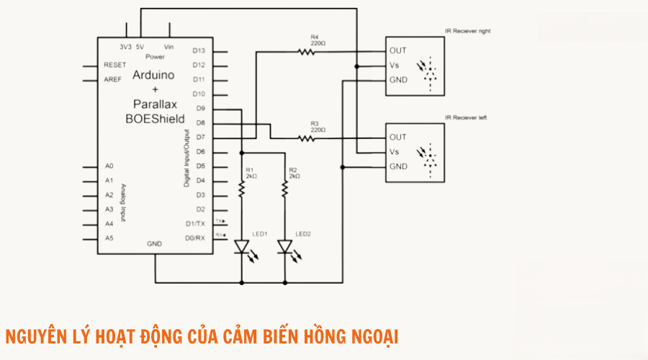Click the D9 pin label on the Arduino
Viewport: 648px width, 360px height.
click(x=199, y=109)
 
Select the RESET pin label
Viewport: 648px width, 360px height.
click(x=115, y=65)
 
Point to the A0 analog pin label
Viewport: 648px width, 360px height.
click(x=109, y=166)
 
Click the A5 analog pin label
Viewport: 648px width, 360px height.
click(x=109, y=238)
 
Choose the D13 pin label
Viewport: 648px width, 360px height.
click(x=199, y=51)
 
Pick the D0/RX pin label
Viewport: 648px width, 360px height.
click(x=195, y=238)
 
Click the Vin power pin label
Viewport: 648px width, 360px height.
click(x=169, y=46)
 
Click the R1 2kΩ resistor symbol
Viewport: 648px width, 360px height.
click(x=242, y=189)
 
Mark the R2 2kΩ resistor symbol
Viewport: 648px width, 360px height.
click(x=285, y=189)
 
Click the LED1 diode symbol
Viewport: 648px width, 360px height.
click(x=242, y=248)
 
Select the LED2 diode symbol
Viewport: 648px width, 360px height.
click(x=285, y=248)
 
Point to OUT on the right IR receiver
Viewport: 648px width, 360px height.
click(x=397, y=50)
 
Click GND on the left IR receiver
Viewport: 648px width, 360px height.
click(x=398, y=166)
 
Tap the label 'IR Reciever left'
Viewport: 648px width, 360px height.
click(x=466, y=117)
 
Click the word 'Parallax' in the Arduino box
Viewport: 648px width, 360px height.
click(x=155, y=104)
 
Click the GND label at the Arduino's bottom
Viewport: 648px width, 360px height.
click(x=154, y=244)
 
